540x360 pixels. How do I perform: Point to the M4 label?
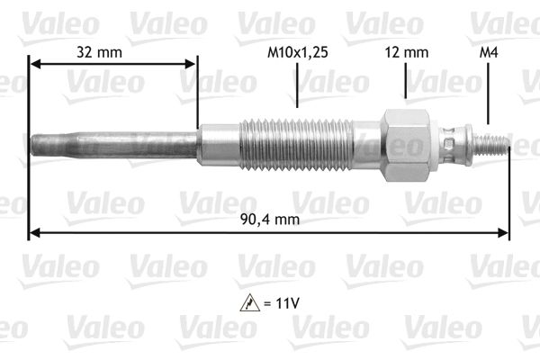pos(488,53)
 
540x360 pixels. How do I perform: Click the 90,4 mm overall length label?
pos(271,219)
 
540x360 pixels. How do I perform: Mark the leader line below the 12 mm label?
pos(407,82)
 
